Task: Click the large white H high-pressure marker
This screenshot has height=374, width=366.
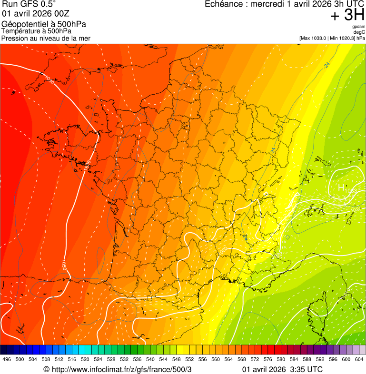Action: tap(341, 188)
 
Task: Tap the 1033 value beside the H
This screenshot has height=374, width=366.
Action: tap(350, 191)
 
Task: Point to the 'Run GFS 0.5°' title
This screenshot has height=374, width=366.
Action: tap(29, 4)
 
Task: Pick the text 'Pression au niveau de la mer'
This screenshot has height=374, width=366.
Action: tap(46, 38)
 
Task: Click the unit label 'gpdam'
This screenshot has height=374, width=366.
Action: tap(358, 27)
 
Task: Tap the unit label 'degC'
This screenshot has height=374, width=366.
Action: tap(359, 32)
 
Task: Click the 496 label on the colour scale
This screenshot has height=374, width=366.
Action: tap(7, 360)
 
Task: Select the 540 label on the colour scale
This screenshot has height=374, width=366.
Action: tap(150, 360)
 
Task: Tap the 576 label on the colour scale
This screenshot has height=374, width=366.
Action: tap(268, 360)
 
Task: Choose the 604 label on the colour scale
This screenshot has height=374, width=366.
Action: tap(359, 360)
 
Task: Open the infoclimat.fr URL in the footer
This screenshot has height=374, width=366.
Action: tap(121, 369)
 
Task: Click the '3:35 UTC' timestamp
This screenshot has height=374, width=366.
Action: tap(306, 369)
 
